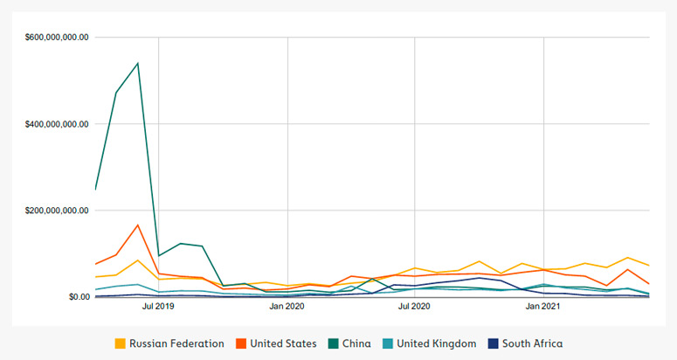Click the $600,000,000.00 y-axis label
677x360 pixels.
coord(57,38)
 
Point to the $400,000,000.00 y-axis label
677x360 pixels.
coord(57,124)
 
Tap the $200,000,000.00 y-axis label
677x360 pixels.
coord(57,211)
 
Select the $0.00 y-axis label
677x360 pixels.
coord(79,297)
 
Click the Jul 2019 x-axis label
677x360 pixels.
coord(158,307)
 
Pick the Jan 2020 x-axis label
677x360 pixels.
coord(287,307)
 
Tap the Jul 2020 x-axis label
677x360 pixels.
coord(415,307)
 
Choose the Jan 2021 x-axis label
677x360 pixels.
coord(543,307)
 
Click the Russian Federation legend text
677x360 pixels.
coord(176,343)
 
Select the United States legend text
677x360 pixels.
coord(283,343)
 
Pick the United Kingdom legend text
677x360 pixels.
coord(437,343)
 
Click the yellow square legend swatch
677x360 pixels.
coord(121,343)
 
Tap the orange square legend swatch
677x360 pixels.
coord(241,343)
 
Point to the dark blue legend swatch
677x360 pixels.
coord(494,343)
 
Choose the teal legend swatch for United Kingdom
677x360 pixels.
coord(388,343)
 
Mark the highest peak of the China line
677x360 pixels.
coord(137,64)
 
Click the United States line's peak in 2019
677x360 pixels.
coord(137,225)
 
